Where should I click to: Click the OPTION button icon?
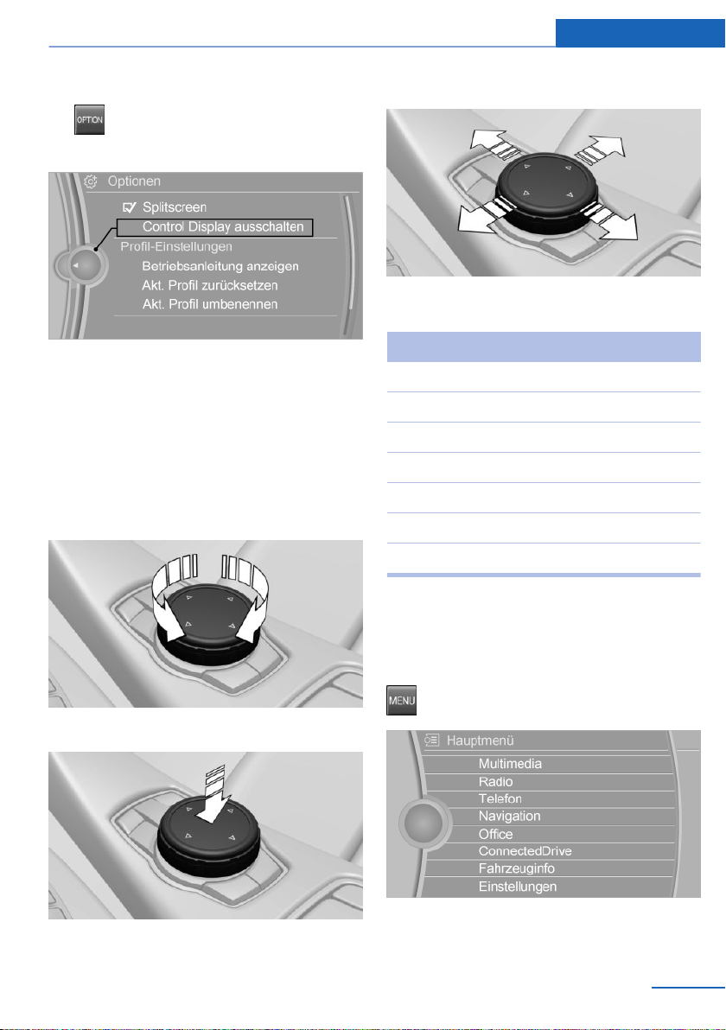89,119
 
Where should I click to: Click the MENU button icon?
401,700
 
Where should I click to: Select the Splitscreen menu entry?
175,207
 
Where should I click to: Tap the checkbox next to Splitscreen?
130,207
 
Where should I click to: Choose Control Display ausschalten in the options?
223,226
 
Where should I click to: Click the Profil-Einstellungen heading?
176,246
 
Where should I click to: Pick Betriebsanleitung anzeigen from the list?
220,266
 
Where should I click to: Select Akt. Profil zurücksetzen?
209,285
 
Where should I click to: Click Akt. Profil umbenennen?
209,304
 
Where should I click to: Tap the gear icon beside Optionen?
91,181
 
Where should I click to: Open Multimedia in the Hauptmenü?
510,763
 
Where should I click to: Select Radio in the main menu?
495,781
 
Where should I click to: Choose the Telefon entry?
500,798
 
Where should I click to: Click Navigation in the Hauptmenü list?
509,816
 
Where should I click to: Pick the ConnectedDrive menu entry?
525,850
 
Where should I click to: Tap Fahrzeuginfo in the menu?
517,868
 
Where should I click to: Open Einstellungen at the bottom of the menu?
517,887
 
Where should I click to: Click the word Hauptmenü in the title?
480,741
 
